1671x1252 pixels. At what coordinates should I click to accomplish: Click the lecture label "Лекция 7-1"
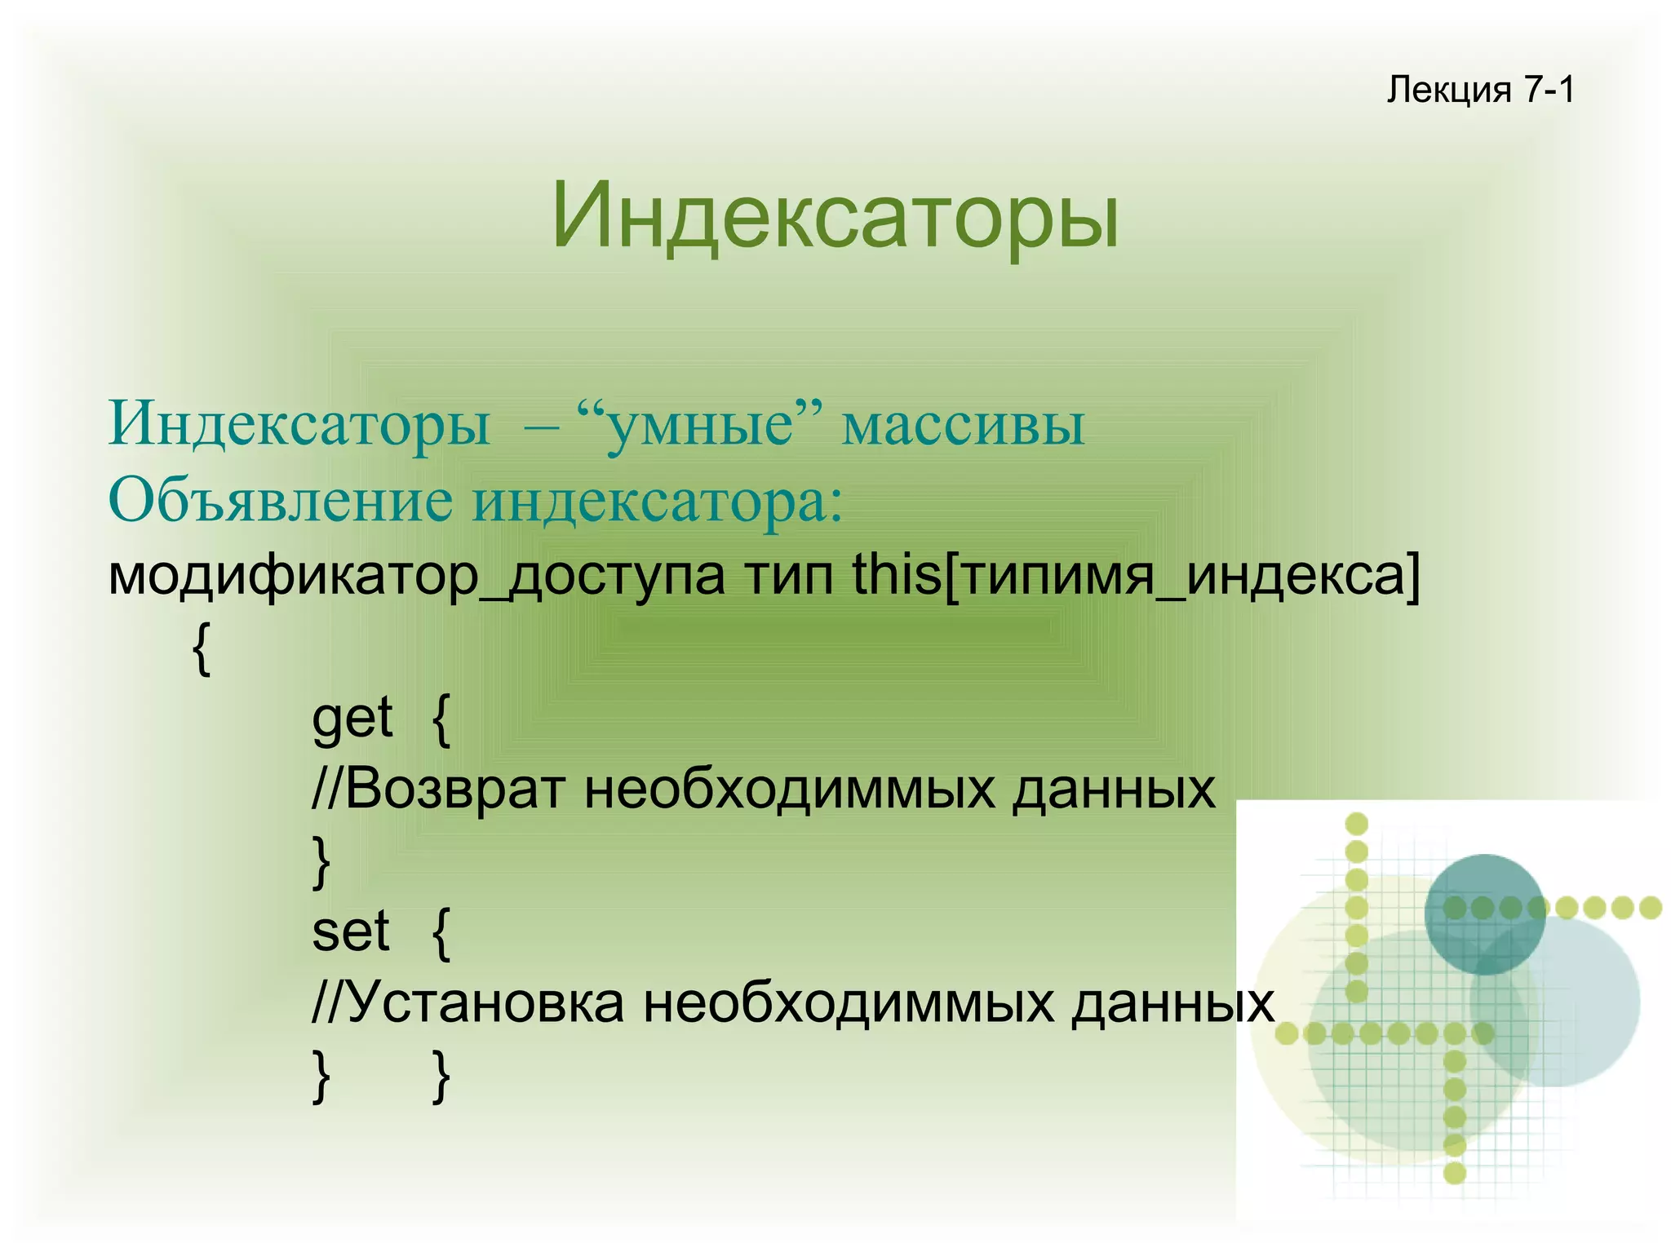[x=1480, y=90]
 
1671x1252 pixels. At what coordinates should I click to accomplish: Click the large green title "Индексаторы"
[x=835, y=217]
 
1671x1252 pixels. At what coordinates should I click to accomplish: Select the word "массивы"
[x=963, y=425]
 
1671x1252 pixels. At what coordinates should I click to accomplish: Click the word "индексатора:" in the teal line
[x=658, y=499]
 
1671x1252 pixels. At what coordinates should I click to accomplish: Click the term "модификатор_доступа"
[x=416, y=575]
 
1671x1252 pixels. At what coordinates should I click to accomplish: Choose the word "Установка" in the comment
[x=486, y=1002]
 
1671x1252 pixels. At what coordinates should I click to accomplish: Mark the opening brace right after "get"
[x=441, y=721]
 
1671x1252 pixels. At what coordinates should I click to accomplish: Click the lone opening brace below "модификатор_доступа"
[x=202, y=648]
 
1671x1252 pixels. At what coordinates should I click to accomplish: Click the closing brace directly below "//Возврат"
[x=321, y=863]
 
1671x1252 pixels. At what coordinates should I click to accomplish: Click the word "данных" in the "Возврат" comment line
[x=1113, y=790]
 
